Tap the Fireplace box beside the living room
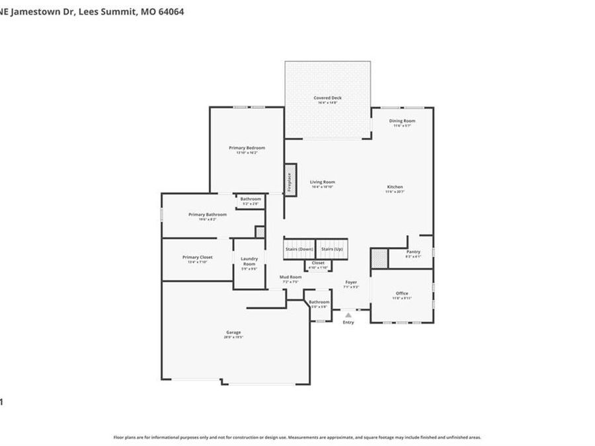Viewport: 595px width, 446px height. pyautogui.click(x=289, y=180)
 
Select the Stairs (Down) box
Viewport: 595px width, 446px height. pyautogui.click(x=299, y=249)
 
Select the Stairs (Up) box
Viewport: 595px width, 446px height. pyautogui.click(x=332, y=249)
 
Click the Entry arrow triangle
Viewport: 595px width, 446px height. pyautogui.click(x=348, y=315)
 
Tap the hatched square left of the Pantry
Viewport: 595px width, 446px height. pyautogui.click(x=378, y=258)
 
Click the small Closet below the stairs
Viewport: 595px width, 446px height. pyautogui.click(x=318, y=264)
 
